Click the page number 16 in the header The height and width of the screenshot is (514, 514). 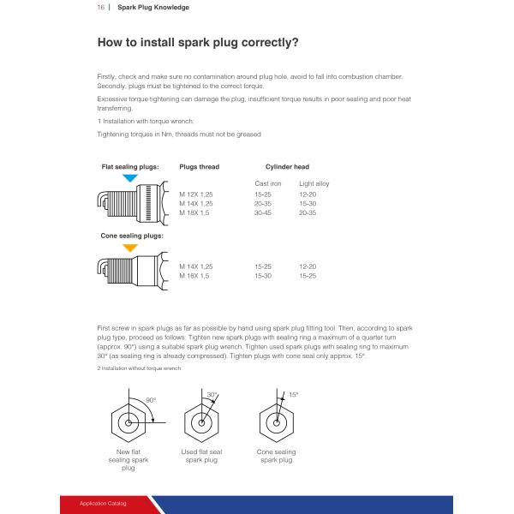click(100, 7)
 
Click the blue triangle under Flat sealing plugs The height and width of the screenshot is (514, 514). click(130, 177)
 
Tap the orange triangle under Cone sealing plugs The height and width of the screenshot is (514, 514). click(130, 248)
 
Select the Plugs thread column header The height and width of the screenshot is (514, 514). click(200, 167)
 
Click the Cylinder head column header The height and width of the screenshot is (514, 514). click(287, 167)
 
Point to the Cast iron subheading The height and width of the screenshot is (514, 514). click(268, 183)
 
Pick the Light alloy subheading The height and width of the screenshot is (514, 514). click(314, 183)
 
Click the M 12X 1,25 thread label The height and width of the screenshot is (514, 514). click(195, 194)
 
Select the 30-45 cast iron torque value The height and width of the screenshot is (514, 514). click(263, 212)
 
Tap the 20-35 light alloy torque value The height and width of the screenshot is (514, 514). click(308, 212)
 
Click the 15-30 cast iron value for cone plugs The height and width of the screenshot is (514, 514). click(263, 276)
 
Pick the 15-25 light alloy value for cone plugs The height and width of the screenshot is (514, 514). click(308, 276)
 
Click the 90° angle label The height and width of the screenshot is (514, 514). click(151, 400)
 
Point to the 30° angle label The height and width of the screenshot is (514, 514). click(212, 395)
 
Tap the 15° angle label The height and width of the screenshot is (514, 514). click(293, 395)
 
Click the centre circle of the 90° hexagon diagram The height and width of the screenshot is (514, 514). click(128, 423)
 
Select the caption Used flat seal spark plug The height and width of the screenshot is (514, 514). click(201, 456)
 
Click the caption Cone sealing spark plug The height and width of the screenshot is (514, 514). click(277, 456)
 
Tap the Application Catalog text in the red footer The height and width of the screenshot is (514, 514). click(103, 503)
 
